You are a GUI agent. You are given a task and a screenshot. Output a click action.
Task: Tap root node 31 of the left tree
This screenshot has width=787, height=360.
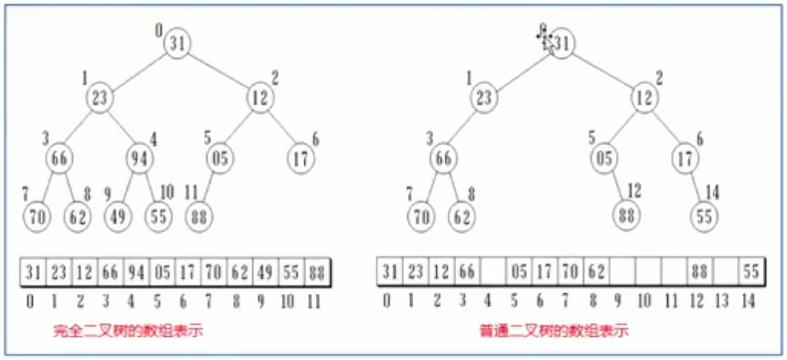pos(179,43)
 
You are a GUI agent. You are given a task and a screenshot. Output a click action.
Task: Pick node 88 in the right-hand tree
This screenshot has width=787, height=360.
pos(625,213)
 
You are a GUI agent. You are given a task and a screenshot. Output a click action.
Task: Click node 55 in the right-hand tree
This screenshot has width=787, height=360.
pos(705,213)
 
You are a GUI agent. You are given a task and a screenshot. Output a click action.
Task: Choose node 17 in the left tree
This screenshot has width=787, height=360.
pos(300,157)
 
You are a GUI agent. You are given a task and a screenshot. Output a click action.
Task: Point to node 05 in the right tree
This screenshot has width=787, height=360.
pos(601,157)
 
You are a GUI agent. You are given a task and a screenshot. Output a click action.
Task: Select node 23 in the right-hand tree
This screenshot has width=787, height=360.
pos(484,98)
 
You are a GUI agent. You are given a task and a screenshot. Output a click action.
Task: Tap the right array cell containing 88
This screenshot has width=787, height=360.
pos(698,272)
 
